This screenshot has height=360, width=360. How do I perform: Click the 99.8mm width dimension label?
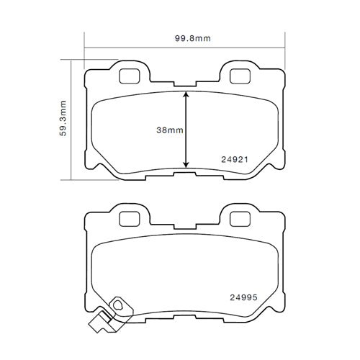pos(185,39)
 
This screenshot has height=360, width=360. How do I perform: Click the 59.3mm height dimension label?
pos(63,119)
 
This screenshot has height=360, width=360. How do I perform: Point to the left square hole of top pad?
pos(130,74)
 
